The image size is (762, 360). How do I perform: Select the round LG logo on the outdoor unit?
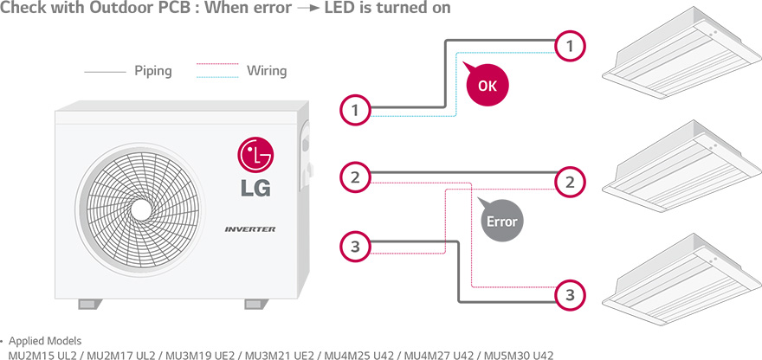click(x=255, y=155)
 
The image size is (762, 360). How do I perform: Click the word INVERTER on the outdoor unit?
click(x=250, y=229)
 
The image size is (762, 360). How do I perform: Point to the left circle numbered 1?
click(x=355, y=111)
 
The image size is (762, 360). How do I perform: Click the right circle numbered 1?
click(x=570, y=47)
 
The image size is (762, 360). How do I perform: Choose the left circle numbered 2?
click(x=355, y=177)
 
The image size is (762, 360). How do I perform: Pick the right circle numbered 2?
click(x=570, y=183)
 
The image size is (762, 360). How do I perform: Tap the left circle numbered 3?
click(x=355, y=247)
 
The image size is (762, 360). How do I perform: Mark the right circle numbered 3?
click(x=570, y=295)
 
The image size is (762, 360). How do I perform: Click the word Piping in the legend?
click(x=153, y=71)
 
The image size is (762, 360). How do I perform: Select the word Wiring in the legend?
click(x=267, y=71)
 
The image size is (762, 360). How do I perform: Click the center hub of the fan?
click(x=141, y=209)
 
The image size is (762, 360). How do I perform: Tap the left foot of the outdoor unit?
click(x=90, y=304)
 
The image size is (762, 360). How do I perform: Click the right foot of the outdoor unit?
click(x=256, y=304)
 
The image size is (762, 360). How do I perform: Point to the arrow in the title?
click(x=311, y=9)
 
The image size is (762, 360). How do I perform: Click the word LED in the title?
click(x=343, y=8)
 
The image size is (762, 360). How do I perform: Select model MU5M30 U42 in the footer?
click(x=519, y=356)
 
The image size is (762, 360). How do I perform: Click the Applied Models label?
click(x=45, y=341)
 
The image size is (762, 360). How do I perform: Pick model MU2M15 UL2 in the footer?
click(x=42, y=356)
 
